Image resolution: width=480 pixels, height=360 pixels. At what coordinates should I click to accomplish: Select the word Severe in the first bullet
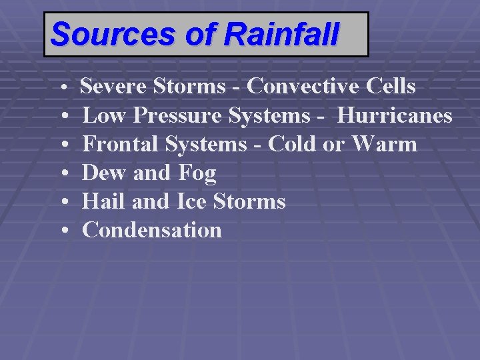[x=113, y=87]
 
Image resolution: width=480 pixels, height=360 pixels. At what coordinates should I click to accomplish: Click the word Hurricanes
[x=395, y=116]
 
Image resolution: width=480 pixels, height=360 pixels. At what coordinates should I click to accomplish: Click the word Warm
[x=385, y=144]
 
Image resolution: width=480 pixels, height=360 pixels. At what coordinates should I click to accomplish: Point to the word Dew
[x=105, y=173]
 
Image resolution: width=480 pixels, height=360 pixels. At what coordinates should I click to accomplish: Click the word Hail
[x=104, y=201]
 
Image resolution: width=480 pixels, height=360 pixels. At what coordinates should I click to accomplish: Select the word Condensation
[x=152, y=230]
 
